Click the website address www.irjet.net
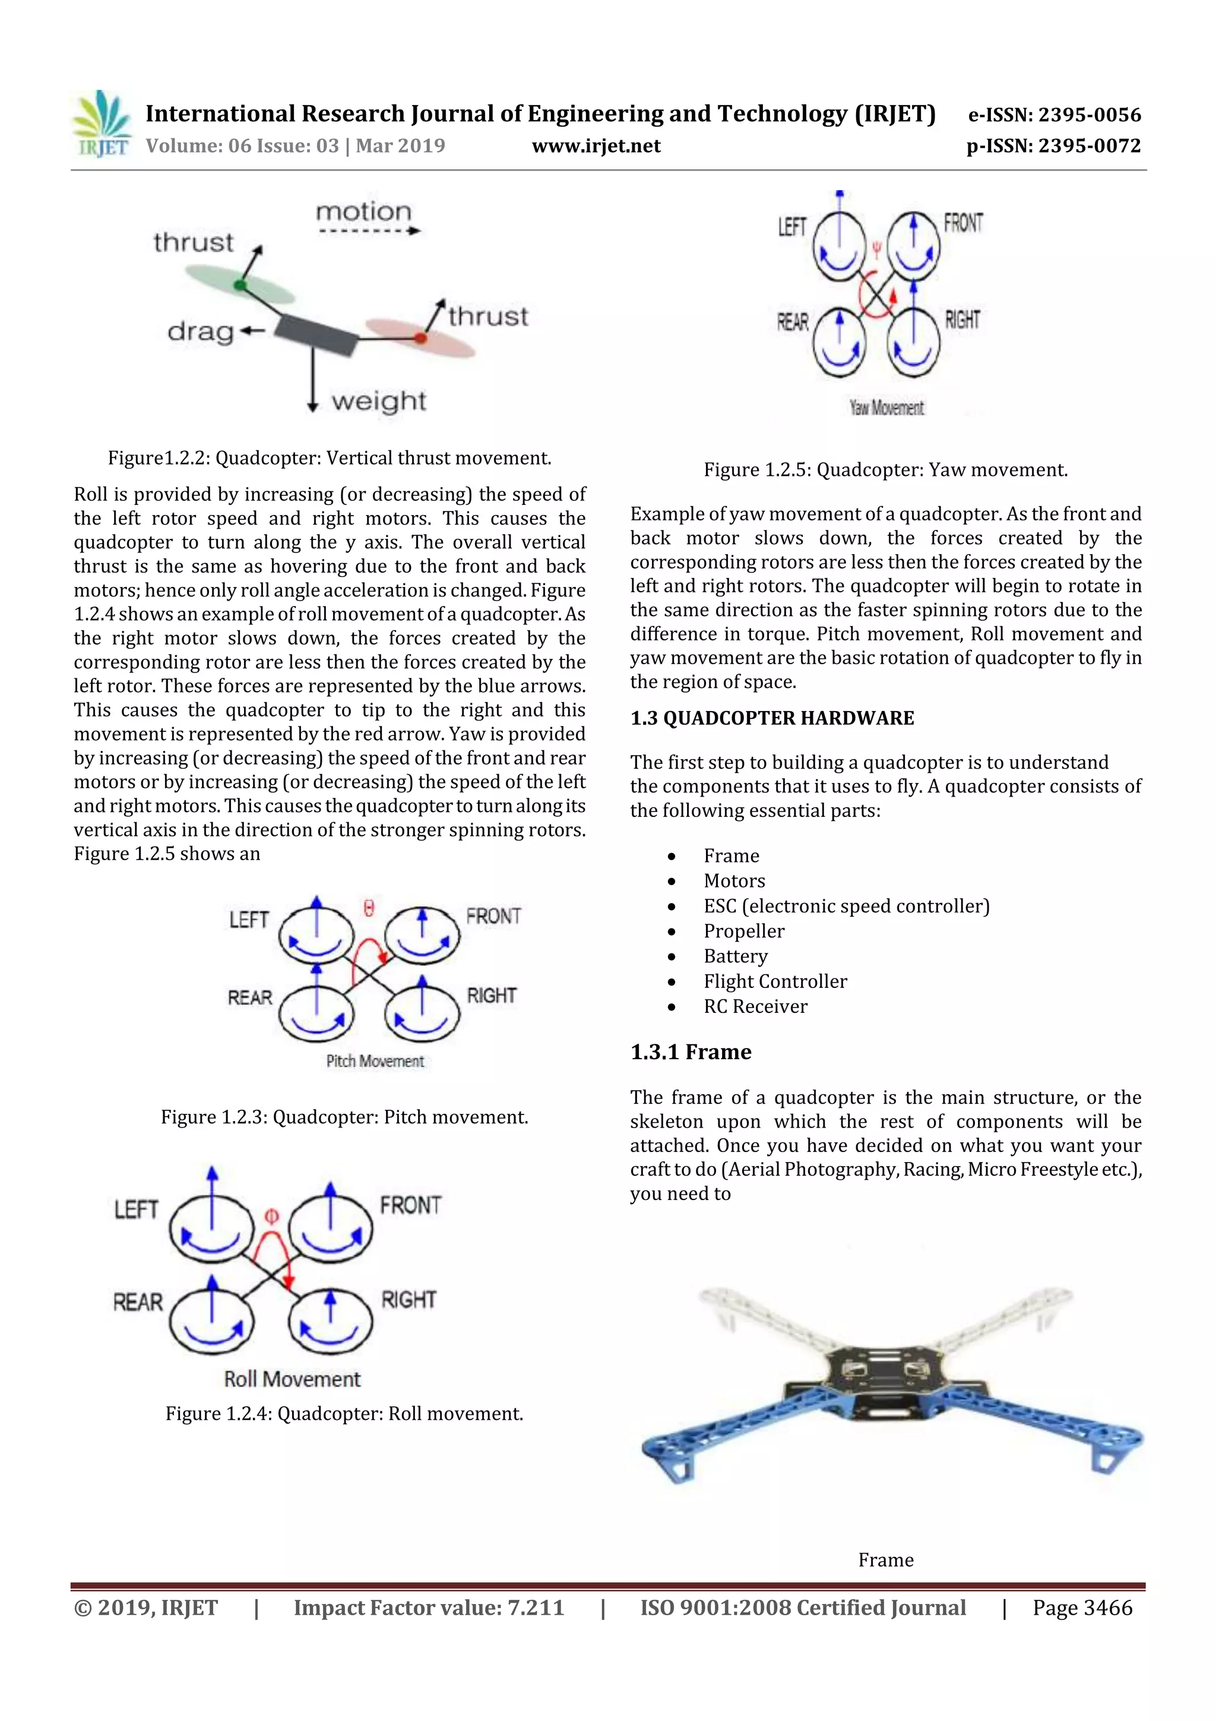[x=596, y=146]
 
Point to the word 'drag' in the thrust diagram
[x=200, y=330]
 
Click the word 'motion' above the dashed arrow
[x=363, y=212]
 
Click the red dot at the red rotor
[x=421, y=339]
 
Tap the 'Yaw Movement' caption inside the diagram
[x=886, y=408]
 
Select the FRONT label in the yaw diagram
[x=962, y=223]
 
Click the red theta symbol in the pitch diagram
[x=369, y=908]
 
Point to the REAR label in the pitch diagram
[x=250, y=997]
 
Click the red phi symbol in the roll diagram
[x=272, y=1216]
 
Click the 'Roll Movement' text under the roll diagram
[x=292, y=1379]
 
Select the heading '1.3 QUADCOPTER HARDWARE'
[x=772, y=718]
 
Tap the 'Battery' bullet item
[x=735, y=956]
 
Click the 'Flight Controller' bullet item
[x=775, y=981]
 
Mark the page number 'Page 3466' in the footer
[x=1082, y=1608]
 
